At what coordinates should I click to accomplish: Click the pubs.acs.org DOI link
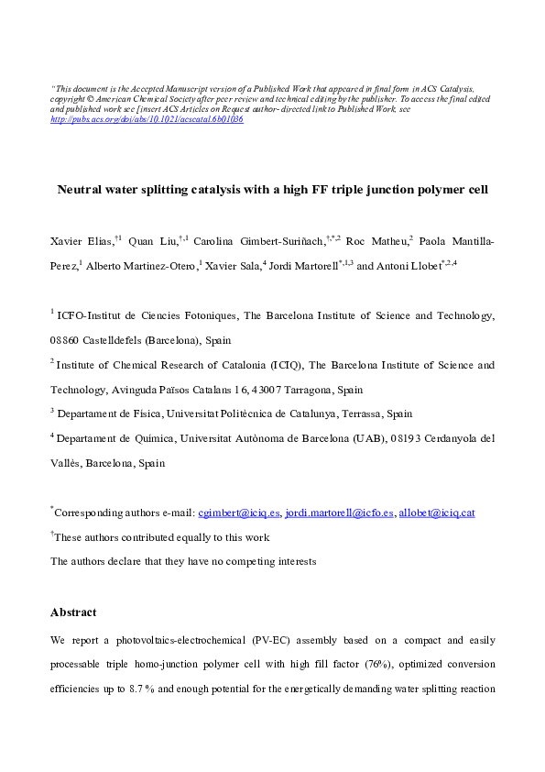pyautogui.click(x=147, y=119)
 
